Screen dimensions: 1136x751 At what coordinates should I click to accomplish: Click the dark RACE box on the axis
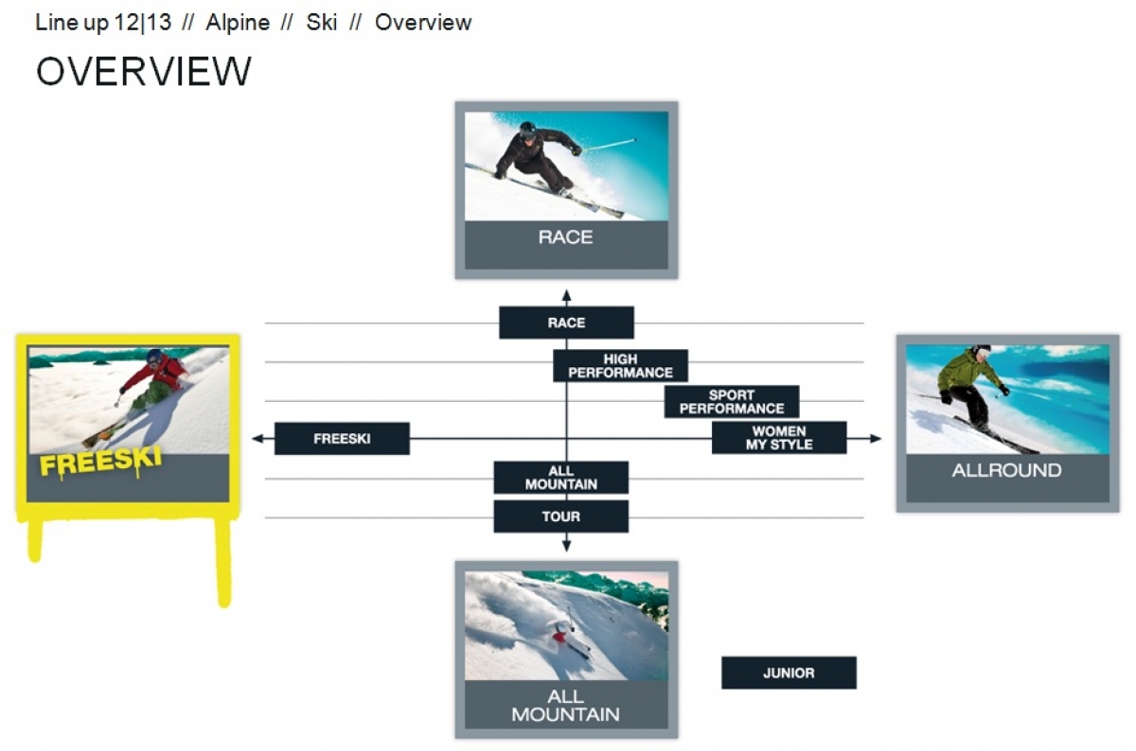566,323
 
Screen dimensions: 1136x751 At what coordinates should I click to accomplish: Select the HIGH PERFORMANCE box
620,365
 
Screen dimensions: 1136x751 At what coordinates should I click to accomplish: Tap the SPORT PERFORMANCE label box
732,401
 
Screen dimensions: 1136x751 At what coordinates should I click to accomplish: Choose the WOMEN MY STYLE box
779,437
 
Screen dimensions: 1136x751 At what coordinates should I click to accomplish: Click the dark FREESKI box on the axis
342,438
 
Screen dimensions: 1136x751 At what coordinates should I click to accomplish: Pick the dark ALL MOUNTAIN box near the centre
560,478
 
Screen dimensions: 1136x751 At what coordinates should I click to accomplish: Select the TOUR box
560,516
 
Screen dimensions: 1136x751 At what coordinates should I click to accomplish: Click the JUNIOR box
790,672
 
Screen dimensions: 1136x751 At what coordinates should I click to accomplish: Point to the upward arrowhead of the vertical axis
566,295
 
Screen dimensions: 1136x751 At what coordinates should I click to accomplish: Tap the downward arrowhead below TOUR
566,546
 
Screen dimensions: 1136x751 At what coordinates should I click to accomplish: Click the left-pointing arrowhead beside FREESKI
257,438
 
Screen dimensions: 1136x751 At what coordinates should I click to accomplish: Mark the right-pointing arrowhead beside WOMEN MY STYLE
876,438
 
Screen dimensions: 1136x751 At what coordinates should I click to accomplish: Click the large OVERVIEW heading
144,71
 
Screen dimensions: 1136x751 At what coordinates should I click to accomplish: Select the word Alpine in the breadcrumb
238,23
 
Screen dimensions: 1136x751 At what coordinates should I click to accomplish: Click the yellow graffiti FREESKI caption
100,463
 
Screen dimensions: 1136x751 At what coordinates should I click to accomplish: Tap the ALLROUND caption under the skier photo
1006,470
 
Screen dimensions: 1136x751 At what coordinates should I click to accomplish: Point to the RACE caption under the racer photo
565,237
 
